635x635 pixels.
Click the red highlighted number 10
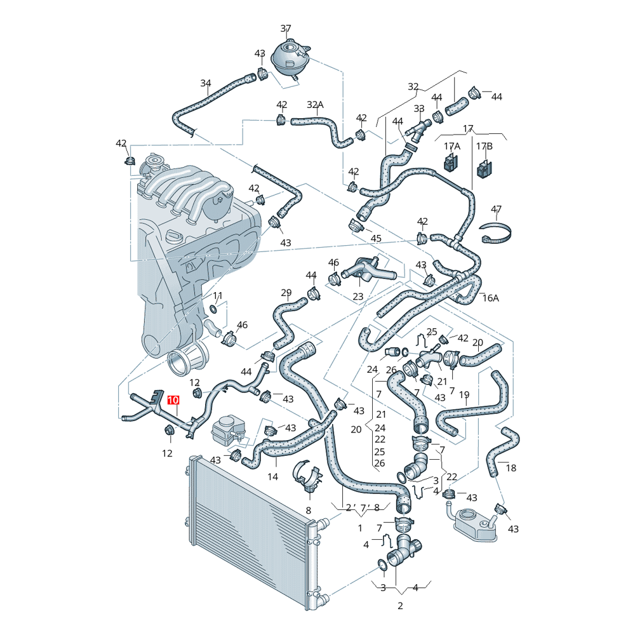pyautogui.click(x=173, y=400)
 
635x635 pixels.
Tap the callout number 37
pyautogui.click(x=286, y=29)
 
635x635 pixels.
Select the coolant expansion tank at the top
pyautogui.click(x=291, y=57)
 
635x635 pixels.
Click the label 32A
pyautogui.click(x=315, y=105)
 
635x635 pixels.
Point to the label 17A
pyautogui.click(x=452, y=146)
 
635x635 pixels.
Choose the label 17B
pyautogui.click(x=485, y=146)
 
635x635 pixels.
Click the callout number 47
pyautogui.click(x=496, y=210)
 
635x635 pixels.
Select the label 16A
pyautogui.click(x=490, y=298)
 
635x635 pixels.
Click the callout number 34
pyautogui.click(x=206, y=83)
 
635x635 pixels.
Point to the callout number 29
pyautogui.click(x=286, y=292)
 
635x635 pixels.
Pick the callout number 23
pyautogui.click(x=358, y=297)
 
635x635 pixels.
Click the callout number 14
pyautogui.click(x=273, y=477)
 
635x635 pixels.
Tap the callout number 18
pyautogui.click(x=511, y=468)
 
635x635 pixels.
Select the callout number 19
pyautogui.click(x=465, y=394)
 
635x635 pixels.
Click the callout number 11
pyautogui.click(x=218, y=296)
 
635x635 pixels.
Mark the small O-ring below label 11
pyautogui.click(x=213, y=310)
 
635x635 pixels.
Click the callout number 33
pyautogui.click(x=419, y=109)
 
